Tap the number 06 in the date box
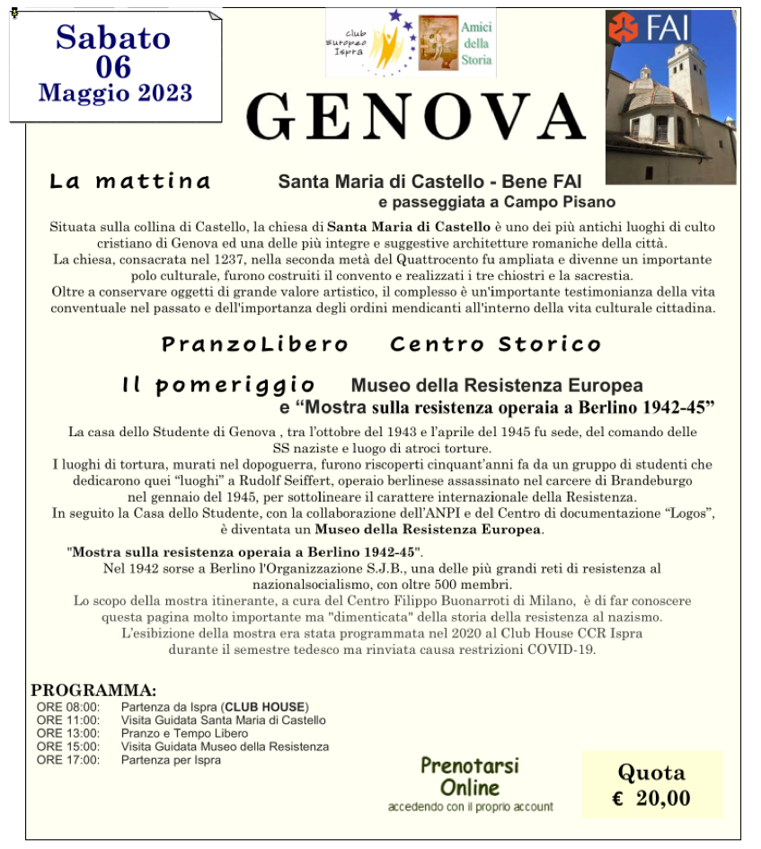pyautogui.click(x=114, y=66)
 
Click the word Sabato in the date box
pyautogui.click(x=113, y=37)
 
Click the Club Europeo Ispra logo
pyautogui.click(x=371, y=42)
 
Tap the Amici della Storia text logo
pyautogui.click(x=476, y=43)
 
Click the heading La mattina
pyautogui.click(x=129, y=181)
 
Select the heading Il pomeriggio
pyautogui.click(x=218, y=386)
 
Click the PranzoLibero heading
pyautogui.click(x=254, y=344)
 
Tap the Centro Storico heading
pyautogui.click(x=495, y=344)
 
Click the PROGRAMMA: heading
pyautogui.click(x=93, y=691)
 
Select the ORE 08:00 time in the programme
pyautogui.click(x=68, y=707)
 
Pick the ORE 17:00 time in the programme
pyautogui.click(x=68, y=760)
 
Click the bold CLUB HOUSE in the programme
pyautogui.click(x=266, y=707)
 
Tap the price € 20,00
pyautogui.click(x=651, y=798)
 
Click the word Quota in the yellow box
pyautogui.click(x=651, y=773)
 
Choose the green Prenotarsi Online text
pyautogui.click(x=469, y=776)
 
